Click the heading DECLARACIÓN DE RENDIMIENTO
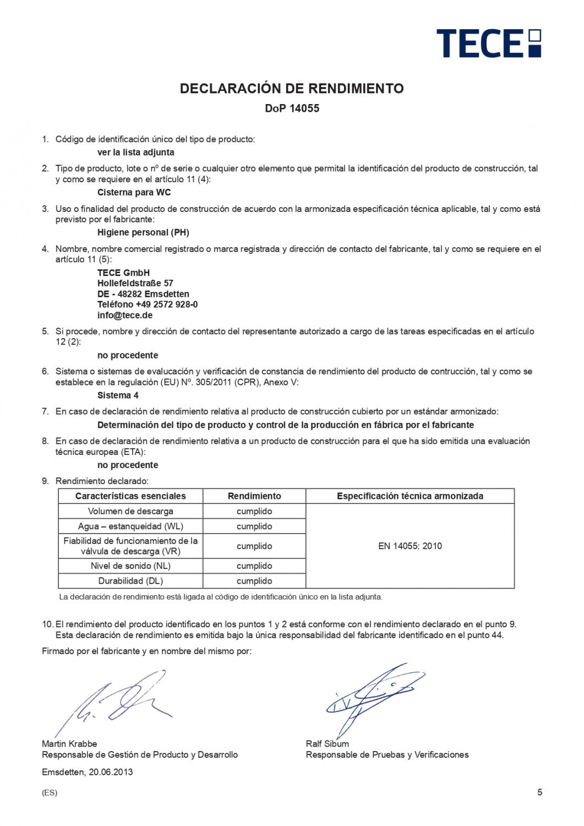click(x=292, y=88)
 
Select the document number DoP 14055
click(x=292, y=108)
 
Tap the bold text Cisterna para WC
click(x=134, y=192)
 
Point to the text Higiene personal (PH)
click(x=143, y=232)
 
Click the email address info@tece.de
click(x=125, y=316)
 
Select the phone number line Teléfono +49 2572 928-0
click(x=148, y=305)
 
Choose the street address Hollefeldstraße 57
click(x=135, y=283)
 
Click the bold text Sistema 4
click(x=118, y=395)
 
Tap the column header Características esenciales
click(x=130, y=496)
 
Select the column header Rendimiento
click(x=254, y=496)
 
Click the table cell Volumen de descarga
click(x=130, y=511)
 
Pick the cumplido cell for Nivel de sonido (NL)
click(x=254, y=566)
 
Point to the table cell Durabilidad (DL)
click(x=130, y=581)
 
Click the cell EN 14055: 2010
click(x=410, y=546)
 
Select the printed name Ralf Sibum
click(x=328, y=744)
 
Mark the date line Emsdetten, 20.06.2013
click(x=88, y=772)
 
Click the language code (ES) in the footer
click(x=50, y=794)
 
